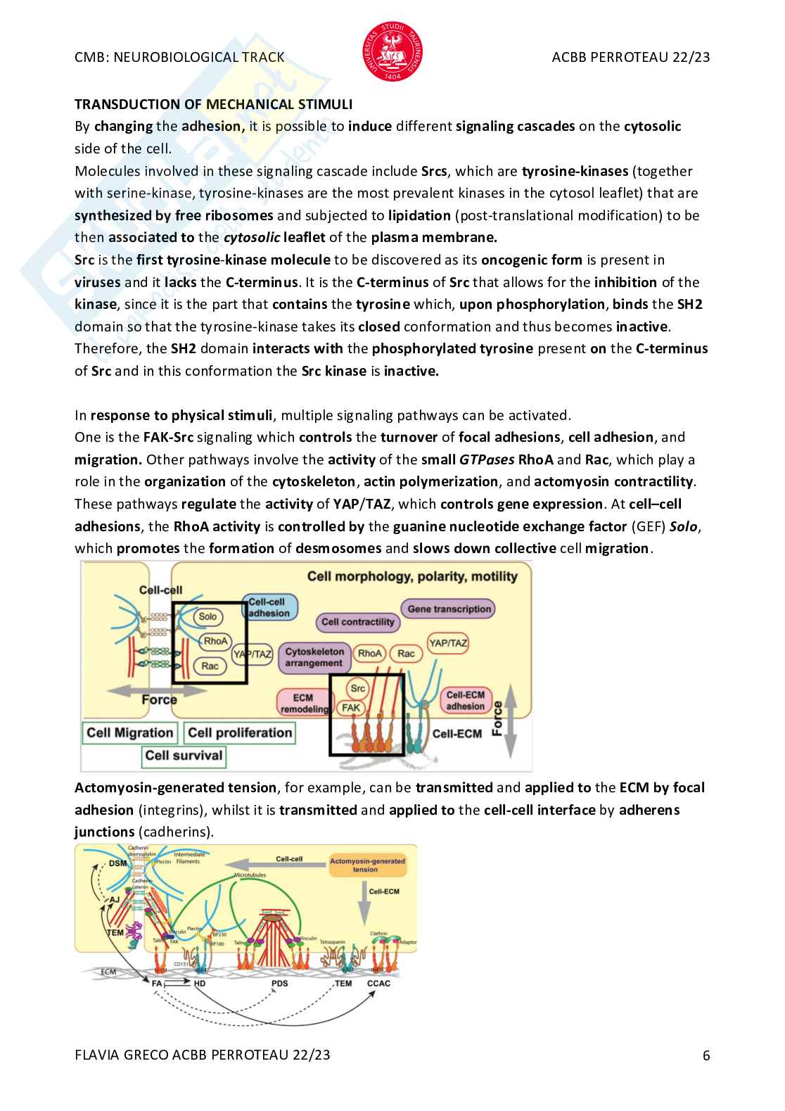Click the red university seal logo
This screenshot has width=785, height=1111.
(392, 51)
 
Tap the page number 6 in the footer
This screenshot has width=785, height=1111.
(706, 1055)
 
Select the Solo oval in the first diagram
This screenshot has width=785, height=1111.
(208, 616)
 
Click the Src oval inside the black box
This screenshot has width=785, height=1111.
(358, 688)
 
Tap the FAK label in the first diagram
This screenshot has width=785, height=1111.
(350, 708)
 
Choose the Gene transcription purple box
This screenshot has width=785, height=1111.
(449, 609)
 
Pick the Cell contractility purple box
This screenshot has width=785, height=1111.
(358, 622)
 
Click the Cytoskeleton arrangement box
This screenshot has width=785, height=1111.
(314, 657)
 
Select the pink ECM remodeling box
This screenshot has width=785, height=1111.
(303, 703)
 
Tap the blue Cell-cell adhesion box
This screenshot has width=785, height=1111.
(269, 607)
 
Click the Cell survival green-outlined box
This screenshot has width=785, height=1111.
(184, 756)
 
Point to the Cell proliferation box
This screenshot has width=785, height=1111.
(240, 733)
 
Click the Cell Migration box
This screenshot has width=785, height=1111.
(129, 733)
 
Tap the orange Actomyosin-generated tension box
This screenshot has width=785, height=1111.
(367, 865)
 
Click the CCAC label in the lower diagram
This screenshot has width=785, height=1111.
(378, 983)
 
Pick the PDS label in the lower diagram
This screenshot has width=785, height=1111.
(279, 983)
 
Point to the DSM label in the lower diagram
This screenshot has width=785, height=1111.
(117, 863)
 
